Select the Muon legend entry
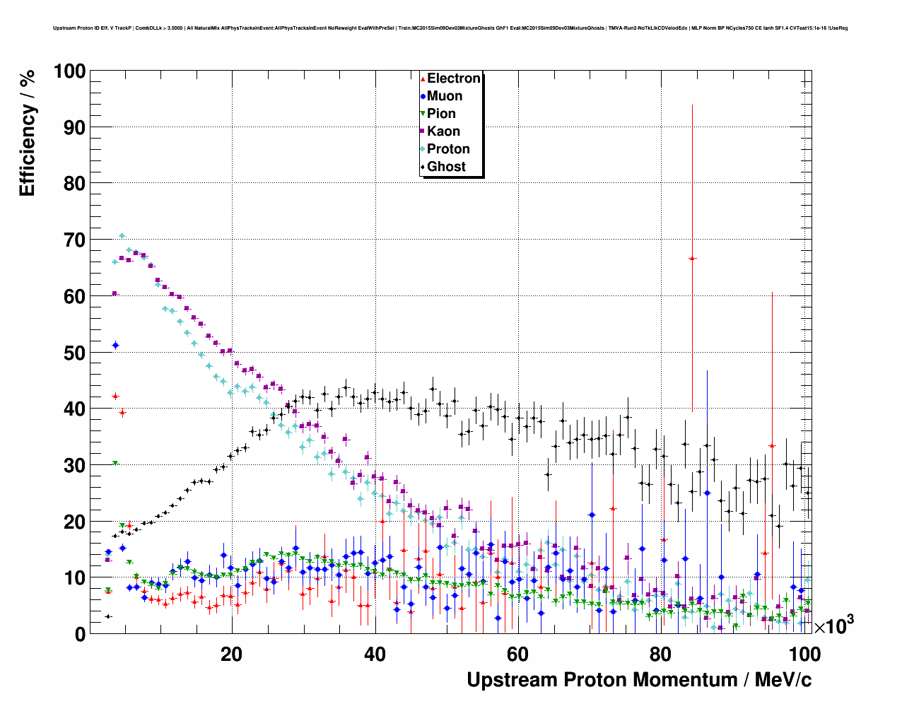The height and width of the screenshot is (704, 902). [444, 96]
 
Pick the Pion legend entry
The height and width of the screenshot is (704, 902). [440, 114]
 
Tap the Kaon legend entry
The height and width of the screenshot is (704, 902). [443, 131]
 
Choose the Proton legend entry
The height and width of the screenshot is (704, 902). [447, 149]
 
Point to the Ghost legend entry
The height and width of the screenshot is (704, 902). [446, 167]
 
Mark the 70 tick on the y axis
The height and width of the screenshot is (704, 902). [74, 240]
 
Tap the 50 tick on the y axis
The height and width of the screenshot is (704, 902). [74, 353]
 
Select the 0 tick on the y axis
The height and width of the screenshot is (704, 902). [79, 634]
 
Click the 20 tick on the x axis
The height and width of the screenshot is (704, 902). [231, 654]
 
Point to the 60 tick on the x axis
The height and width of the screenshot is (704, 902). [517, 654]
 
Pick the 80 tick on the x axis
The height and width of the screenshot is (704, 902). [661, 654]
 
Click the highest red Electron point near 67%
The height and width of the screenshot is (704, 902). [692, 259]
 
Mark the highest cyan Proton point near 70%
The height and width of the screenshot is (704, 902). [122, 236]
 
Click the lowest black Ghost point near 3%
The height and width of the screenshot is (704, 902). [108, 616]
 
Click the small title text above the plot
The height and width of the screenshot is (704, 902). [450, 28]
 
